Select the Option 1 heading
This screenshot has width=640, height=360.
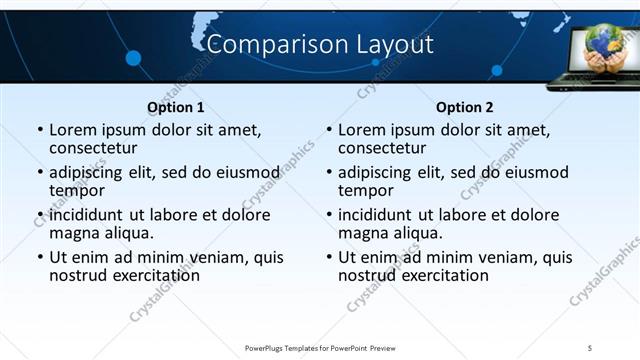[176, 107]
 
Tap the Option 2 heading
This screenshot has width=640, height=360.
[465, 107]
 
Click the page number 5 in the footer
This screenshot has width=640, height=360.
[590, 347]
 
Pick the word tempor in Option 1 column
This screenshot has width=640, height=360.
[77, 191]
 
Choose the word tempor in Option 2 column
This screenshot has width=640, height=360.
[366, 191]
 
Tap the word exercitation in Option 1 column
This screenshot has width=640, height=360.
[146, 275]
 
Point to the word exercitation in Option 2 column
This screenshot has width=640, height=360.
[435, 275]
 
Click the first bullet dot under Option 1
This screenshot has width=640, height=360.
[39, 130]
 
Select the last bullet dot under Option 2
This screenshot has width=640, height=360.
[328, 257]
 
